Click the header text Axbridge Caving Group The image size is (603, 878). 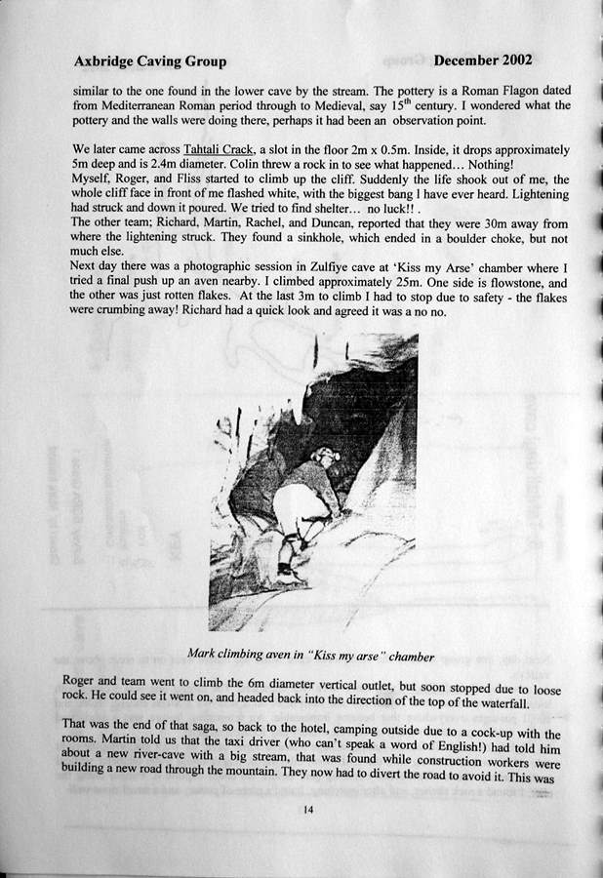[x=149, y=61]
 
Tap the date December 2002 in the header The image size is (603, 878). [x=483, y=60]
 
